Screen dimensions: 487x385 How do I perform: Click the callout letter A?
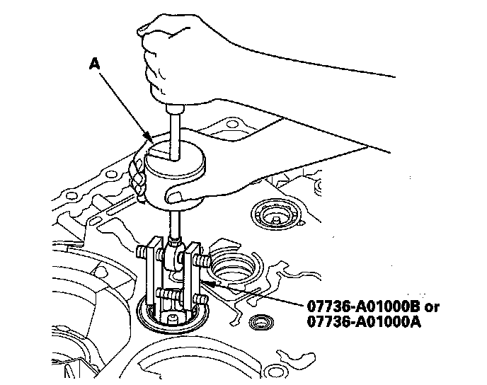tap(94, 64)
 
